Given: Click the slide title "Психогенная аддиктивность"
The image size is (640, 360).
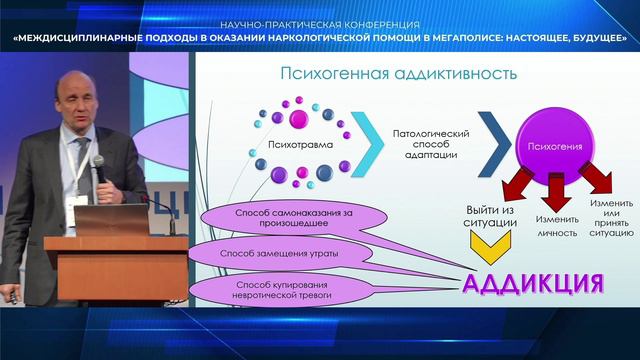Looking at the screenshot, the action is click(x=398, y=74).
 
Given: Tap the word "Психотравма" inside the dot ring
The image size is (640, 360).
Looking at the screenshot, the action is click(x=300, y=144).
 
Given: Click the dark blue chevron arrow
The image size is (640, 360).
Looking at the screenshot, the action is click(x=495, y=144).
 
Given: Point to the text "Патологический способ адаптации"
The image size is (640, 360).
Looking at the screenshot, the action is click(x=431, y=144).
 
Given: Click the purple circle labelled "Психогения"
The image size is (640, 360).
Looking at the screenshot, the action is click(x=555, y=146).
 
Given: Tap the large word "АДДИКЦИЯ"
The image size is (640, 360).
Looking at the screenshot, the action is click(x=533, y=283).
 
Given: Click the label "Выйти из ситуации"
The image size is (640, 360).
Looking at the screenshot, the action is click(x=490, y=216).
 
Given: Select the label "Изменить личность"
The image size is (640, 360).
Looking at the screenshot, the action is click(x=557, y=226).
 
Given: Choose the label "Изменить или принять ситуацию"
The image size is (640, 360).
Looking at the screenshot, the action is click(x=611, y=218).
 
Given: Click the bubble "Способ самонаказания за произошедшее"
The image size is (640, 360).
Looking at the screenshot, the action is click(x=294, y=218).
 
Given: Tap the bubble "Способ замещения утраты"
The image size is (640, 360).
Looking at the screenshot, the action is click(x=279, y=253).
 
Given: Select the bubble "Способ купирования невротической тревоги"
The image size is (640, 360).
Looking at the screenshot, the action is click(x=282, y=290).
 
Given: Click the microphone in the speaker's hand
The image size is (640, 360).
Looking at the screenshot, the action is click(x=99, y=168).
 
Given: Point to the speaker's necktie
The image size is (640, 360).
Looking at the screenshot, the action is click(x=83, y=163).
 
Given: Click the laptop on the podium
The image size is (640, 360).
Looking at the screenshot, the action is click(x=111, y=220).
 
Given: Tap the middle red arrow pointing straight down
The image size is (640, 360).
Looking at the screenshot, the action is click(x=556, y=192).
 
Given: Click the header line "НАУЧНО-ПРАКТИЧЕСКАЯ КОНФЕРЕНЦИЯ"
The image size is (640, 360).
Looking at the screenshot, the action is click(x=320, y=25).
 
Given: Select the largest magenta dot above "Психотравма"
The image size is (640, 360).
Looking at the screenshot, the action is click(x=299, y=119).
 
